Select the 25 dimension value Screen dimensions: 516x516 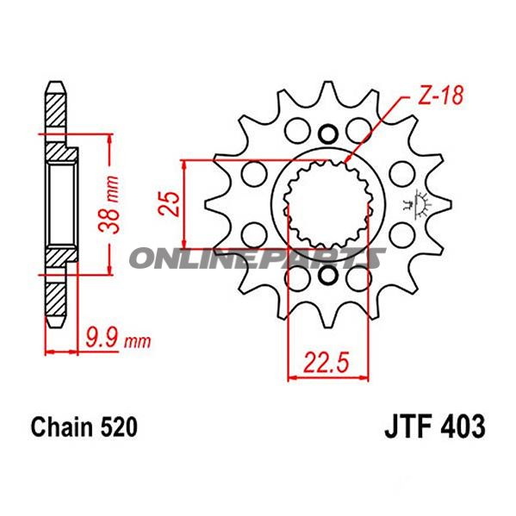[x=172, y=202]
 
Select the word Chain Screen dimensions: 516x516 [x=61, y=426]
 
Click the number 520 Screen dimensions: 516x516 [x=115, y=426]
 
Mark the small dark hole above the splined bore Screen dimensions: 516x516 [x=327, y=134]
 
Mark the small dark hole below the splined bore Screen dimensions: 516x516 [x=327, y=277]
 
